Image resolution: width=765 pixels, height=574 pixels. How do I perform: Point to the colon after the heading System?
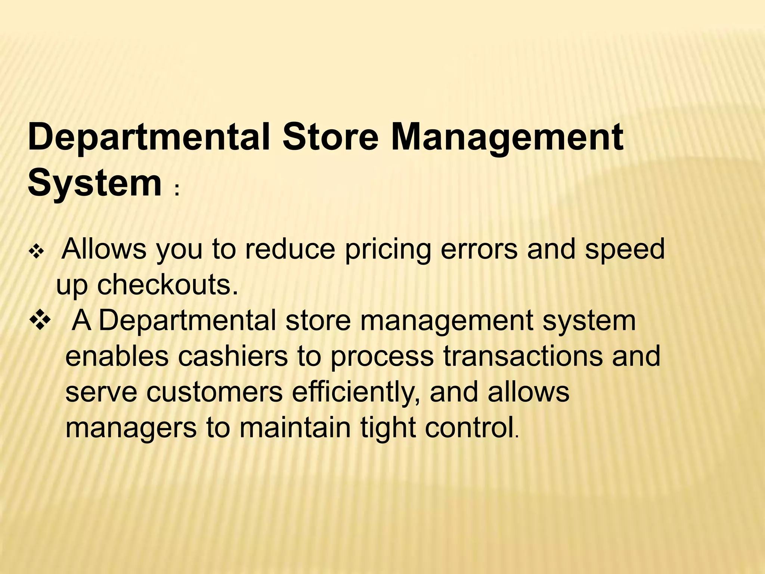pyautogui.click(x=177, y=190)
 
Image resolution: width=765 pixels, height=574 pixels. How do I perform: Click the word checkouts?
pyautogui.click(x=168, y=285)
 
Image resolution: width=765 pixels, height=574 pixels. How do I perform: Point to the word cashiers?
pyautogui.click(x=233, y=357)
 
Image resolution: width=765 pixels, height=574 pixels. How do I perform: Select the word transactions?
pyautogui.click(x=523, y=357)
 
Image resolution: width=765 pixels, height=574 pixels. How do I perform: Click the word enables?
pyautogui.click(x=117, y=357)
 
